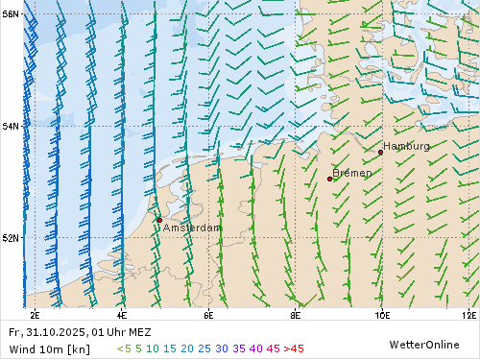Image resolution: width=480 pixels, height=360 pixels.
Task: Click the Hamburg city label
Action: (x=406, y=146)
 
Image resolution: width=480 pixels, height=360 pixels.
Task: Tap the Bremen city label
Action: (x=351, y=173)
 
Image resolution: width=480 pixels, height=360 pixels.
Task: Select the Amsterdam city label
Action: (x=192, y=228)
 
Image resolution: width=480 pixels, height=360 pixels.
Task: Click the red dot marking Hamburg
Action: (x=380, y=153)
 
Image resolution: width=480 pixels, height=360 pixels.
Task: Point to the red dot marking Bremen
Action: (x=329, y=180)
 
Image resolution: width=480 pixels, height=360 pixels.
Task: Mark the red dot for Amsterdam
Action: (x=159, y=220)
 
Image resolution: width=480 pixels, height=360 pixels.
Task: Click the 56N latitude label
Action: (x=11, y=14)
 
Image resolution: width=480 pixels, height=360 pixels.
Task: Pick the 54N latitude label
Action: (x=11, y=126)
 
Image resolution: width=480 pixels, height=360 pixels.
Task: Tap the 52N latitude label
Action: (x=11, y=237)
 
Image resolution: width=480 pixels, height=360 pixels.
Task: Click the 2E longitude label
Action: (x=35, y=314)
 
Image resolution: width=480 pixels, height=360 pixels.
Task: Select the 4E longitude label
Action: (x=121, y=314)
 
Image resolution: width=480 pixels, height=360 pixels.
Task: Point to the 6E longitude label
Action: (x=208, y=314)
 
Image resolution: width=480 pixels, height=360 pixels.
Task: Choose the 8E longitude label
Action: (x=295, y=314)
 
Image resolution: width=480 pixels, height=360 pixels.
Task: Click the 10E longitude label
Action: (x=381, y=314)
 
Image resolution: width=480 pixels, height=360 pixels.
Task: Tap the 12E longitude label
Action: (x=468, y=314)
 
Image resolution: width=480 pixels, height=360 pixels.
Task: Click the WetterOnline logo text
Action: (x=425, y=344)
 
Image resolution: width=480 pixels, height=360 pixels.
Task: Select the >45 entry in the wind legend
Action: (x=293, y=348)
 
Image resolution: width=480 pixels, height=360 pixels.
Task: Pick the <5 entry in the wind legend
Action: (x=124, y=348)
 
